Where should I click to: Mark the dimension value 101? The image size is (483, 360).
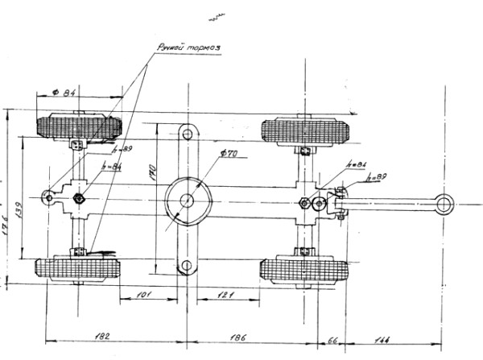pos(142,296)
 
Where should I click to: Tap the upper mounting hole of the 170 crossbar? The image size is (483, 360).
pos(187,133)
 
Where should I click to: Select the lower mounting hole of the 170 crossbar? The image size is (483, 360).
pos(187,266)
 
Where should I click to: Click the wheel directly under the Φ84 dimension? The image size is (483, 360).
pos(78,127)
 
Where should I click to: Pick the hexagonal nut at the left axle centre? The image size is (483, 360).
pos(80,198)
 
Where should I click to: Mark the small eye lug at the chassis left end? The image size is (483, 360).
pos(49,197)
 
